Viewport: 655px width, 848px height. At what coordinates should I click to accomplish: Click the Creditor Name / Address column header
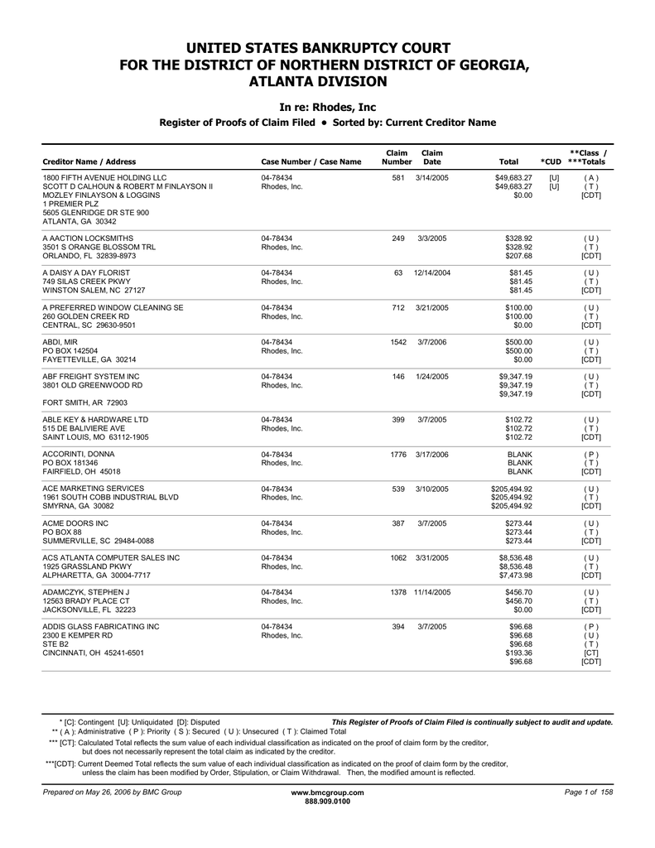click(x=89, y=161)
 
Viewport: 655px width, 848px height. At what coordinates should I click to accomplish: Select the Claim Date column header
click(x=432, y=157)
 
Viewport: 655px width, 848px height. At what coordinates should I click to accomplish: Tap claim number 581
click(x=397, y=178)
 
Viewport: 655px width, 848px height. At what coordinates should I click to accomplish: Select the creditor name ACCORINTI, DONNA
click(x=79, y=455)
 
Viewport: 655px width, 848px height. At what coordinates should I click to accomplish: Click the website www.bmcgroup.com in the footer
click(x=327, y=793)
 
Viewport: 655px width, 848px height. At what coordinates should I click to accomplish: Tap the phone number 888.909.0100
click(x=327, y=802)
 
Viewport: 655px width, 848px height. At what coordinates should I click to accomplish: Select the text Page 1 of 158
click(x=588, y=793)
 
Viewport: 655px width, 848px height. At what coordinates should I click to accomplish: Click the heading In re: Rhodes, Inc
click(x=327, y=107)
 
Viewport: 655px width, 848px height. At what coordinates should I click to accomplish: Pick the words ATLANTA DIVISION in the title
click(x=327, y=81)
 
